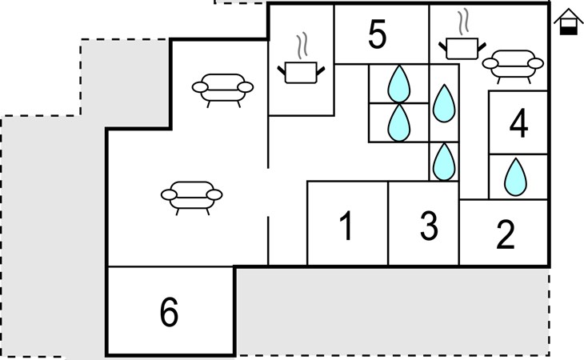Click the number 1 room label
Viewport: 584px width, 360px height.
[x=346, y=227]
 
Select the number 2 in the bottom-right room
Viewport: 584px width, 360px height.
[x=505, y=235]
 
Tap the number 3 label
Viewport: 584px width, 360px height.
[x=430, y=227]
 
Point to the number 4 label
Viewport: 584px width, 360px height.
[x=518, y=124]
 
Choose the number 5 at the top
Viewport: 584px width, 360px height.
[x=378, y=34]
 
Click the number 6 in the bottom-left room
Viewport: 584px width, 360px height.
[x=169, y=313]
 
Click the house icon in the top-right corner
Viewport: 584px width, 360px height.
[x=567, y=22]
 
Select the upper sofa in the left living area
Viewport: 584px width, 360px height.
[x=224, y=88]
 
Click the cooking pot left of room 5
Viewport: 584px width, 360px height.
[x=300, y=73]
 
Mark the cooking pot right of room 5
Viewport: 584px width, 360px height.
[x=460, y=47]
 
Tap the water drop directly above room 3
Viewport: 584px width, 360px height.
[x=443, y=162]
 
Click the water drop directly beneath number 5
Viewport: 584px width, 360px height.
[x=398, y=82]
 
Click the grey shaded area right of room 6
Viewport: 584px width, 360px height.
[x=392, y=312]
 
